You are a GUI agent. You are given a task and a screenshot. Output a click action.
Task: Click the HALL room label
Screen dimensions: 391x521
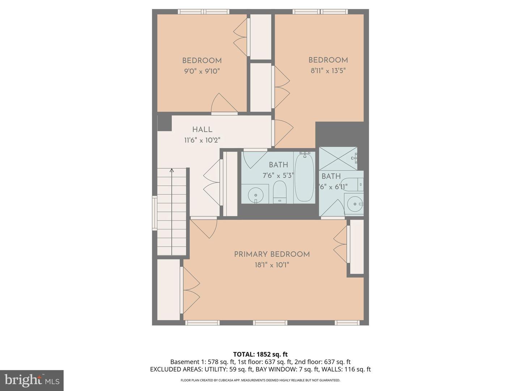pos(202,130)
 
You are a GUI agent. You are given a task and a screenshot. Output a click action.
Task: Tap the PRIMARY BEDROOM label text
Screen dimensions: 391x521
pos(272,255)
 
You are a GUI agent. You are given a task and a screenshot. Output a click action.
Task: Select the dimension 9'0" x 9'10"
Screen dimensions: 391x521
pos(202,71)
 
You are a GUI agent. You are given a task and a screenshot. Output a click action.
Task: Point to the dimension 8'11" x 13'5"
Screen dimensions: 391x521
pos(328,71)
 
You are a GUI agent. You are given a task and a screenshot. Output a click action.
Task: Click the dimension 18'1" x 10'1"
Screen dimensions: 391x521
pos(272,265)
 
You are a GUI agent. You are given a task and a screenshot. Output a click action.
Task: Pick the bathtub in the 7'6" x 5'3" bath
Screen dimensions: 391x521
pos(305,177)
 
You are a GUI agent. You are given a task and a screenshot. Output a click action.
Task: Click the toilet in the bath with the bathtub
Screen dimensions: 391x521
pos(280,192)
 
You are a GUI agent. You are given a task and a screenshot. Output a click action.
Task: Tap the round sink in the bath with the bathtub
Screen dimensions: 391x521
pos(255,194)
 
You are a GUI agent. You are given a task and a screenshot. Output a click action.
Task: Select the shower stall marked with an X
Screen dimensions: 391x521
pos(338,158)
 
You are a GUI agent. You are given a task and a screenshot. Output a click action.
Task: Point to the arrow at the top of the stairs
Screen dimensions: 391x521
pos(172,170)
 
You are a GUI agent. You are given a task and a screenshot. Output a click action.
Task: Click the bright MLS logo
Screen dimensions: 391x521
pos(31,381)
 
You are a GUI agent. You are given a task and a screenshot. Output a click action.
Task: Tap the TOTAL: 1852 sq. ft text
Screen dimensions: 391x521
pos(260,354)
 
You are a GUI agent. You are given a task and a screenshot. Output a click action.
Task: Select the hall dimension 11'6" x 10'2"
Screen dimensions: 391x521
pos(202,140)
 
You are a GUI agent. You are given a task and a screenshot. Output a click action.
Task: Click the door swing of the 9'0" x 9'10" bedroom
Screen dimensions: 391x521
pos(224,104)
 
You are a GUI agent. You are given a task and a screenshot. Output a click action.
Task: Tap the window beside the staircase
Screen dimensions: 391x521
pos(154,213)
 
